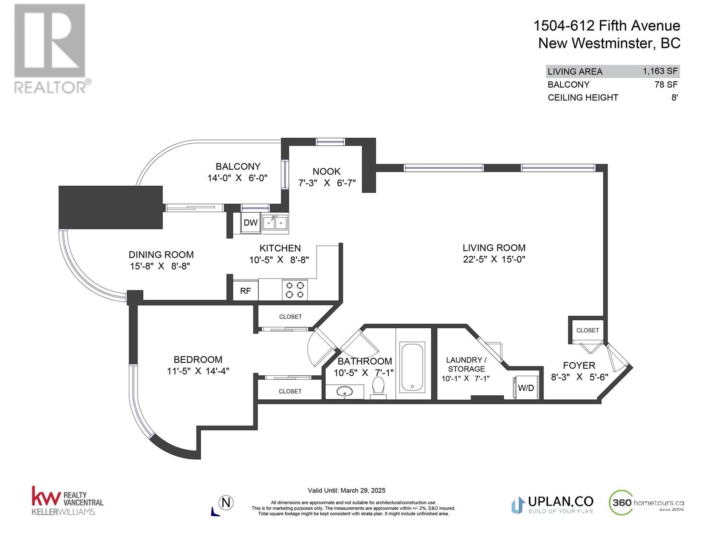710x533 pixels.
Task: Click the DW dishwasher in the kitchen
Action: tap(250, 223)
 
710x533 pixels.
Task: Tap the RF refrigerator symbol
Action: tap(245, 290)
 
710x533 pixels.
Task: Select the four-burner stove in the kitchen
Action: tap(295, 290)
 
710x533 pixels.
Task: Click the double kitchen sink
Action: tap(275, 223)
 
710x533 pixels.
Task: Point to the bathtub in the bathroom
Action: tap(412, 367)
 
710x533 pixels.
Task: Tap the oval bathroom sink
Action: tap(345, 392)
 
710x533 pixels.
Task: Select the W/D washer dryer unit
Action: tap(526, 388)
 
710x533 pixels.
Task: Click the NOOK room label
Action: tap(326, 171)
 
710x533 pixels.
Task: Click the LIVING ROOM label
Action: tap(494, 247)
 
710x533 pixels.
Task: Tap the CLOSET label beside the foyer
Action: tap(588, 330)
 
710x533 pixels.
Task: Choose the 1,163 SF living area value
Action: tap(660, 71)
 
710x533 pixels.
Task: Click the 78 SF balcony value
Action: tap(666, 84)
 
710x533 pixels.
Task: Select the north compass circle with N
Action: tap(226, 503)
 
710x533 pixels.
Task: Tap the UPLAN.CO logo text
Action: tap(560, 501)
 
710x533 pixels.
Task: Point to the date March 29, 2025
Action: tap(363, 491)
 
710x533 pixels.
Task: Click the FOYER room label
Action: tap(579, 366)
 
